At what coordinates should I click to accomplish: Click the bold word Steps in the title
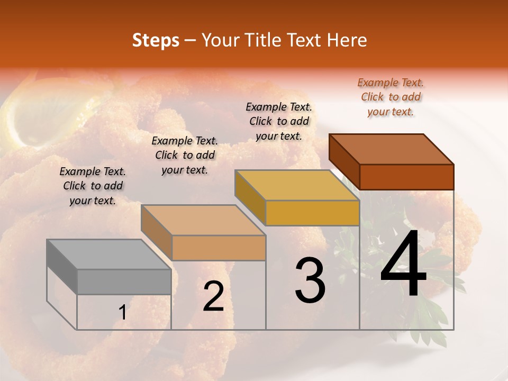click(x=156, y=40)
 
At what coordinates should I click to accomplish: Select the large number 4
click(x=403, y=265)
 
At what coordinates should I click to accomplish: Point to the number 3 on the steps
click(x=310, y=280)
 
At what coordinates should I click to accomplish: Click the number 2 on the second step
click(x=213, y=296)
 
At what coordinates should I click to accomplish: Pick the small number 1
click(x=123, y=313)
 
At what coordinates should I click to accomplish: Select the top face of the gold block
click(x=297, y=185)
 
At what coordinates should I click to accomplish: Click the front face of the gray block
click(x=124, y=282)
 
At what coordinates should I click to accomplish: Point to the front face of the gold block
click(x=312, y=213)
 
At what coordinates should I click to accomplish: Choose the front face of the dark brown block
click(x=406, y=177)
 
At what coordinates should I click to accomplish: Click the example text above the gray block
click(x=93, y=186)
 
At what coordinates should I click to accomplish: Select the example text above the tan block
click(x=185, y=155)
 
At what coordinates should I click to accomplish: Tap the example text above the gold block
click(x=279, y=121)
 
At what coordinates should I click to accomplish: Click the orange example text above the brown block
click(x=391, y=97)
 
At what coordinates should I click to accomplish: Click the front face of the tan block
click(x=218, y=248)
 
